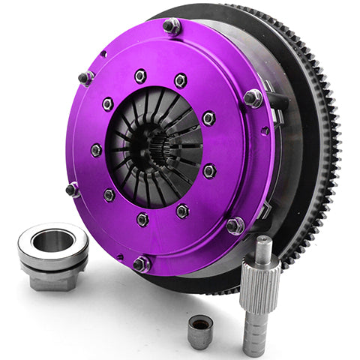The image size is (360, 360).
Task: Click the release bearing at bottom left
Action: coord(52,256)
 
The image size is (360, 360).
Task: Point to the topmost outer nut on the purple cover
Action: coord(172,27)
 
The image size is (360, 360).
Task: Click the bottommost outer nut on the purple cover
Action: coord(142,263)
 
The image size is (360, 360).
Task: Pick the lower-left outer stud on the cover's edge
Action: coord(73,190)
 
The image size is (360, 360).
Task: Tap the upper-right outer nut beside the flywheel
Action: coord(253,97)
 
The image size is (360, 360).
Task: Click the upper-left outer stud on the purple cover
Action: coord(85,77)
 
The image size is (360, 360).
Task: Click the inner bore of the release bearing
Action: coord(52,241)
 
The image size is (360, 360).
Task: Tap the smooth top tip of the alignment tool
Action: coord(261,244)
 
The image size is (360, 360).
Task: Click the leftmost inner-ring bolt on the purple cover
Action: coord(95,150)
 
